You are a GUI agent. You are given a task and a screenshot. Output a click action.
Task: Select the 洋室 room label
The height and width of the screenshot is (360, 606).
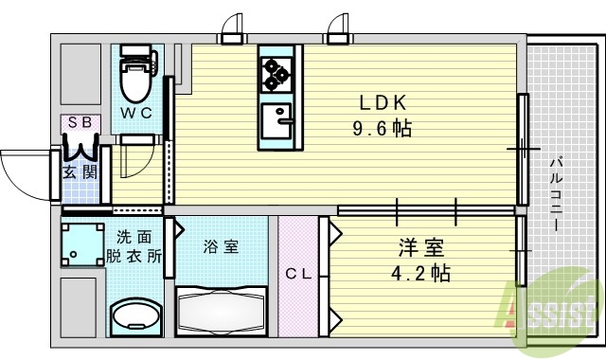tap(419, 249)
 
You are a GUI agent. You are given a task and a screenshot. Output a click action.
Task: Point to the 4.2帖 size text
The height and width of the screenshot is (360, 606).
tap(419, 274)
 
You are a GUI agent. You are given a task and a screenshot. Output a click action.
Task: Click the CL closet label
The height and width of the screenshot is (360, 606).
tap(299, 275)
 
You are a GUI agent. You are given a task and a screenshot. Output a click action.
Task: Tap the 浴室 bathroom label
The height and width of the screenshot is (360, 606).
tap(221, 247)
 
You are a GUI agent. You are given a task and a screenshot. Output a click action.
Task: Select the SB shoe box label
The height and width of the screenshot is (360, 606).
tap(79, 123)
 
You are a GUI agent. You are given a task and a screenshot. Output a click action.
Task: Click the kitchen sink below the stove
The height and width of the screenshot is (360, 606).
tap(277, 121)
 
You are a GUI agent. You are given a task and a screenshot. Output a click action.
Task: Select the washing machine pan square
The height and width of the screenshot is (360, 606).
tap(83, 244)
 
